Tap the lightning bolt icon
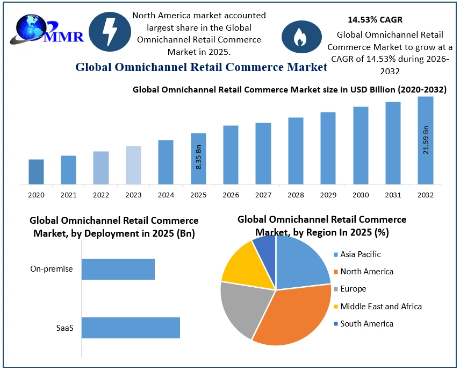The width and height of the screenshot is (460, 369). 110,32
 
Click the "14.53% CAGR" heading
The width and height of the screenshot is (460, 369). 375,20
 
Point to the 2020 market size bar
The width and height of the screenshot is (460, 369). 36,172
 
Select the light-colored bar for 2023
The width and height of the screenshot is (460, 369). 133,165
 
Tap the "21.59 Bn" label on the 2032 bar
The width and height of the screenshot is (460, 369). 426,140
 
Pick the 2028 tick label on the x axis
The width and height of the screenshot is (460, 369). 296,195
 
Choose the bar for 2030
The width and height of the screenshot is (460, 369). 361,145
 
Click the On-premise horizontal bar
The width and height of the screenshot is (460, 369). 118,269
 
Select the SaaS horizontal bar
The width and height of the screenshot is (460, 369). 131,328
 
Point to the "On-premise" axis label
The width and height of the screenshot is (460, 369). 52,269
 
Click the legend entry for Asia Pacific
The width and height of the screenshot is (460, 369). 360,254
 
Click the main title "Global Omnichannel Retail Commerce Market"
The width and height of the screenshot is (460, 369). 201,67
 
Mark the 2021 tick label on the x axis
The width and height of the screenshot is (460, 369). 68,195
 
